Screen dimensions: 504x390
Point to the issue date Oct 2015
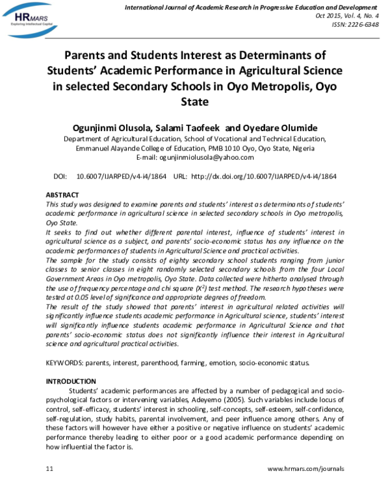click(323, 16)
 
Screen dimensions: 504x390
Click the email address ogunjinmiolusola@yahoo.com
click(214, 158)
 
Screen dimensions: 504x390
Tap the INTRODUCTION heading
click(71, 381)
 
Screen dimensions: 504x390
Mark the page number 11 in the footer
click(49, 468)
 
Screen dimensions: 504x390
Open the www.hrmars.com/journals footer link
click(305, 468)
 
